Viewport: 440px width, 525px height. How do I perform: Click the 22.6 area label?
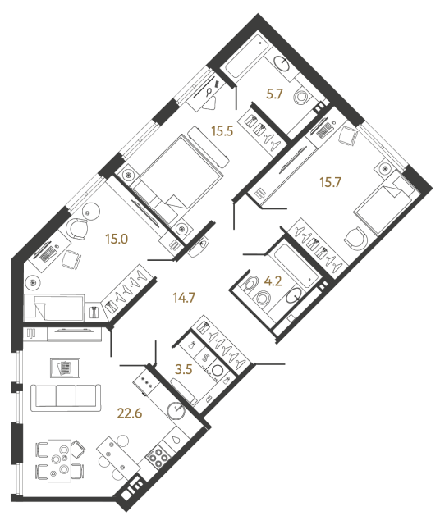click(x=130, y=413)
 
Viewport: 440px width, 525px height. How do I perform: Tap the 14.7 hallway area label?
click(x=184, y=297)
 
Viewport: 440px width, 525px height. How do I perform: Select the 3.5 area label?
click(x=184, y=369)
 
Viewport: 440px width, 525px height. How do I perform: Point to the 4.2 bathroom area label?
click(x=273, y=281)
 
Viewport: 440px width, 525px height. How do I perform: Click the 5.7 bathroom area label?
click(x=274, y=94)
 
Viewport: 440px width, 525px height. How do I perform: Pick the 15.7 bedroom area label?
click(x=331, y=182)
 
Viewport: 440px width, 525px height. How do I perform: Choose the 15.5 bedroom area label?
click(x=222, y=131)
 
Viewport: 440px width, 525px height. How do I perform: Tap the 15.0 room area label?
click(x=117, y=239)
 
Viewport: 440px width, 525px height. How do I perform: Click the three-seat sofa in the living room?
click(x=66, y=397)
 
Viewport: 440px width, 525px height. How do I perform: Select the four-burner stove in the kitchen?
click(x=157, y=456)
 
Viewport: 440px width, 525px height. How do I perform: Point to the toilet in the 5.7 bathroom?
click(x=303, y=97)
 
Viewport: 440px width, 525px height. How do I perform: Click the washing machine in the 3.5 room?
click(x=217, y=371)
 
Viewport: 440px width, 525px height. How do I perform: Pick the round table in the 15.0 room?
click(x=90, y=212)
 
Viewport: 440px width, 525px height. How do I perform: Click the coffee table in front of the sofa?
click(x=65, y=368)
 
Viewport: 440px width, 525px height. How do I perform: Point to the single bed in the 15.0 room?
click(x=54, y=308)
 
